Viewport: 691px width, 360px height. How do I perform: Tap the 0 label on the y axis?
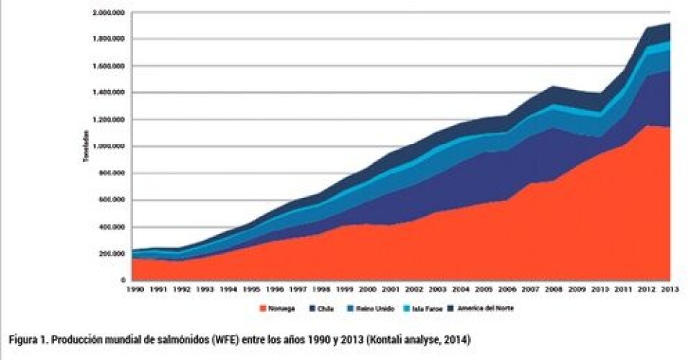point(124,280)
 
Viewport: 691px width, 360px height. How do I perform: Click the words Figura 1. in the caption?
point(27,338)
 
